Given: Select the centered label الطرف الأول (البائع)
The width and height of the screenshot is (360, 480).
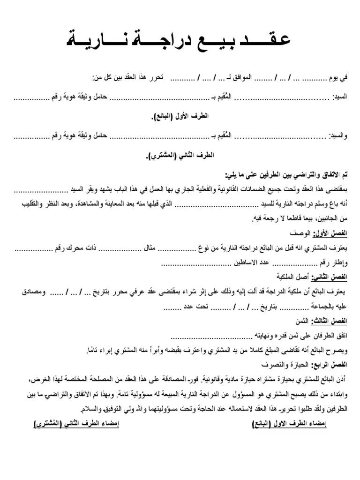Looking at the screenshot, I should [180, 116].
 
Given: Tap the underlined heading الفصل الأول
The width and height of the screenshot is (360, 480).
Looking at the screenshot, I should [335, 233].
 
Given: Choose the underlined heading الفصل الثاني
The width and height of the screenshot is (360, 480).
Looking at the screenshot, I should [335, 277].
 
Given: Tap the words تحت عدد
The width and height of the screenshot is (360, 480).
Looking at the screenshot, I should [193, 307].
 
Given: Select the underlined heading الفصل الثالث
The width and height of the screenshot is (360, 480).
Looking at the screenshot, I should [335, 322].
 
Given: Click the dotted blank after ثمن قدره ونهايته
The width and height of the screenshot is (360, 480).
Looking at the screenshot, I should [211, 336].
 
